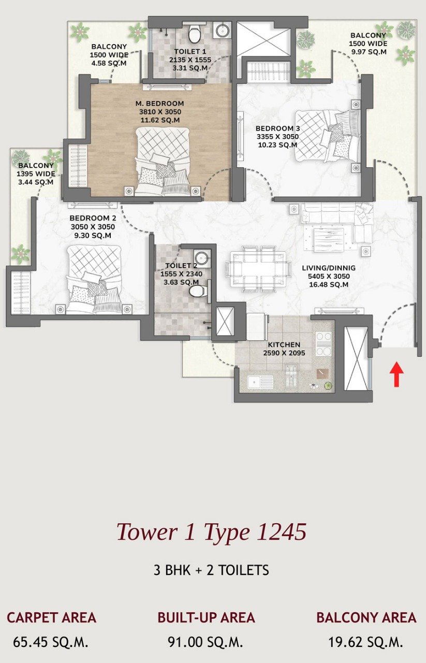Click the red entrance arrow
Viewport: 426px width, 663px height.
click(x=396, y=375)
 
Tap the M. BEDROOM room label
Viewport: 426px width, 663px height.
click(x=160, y=104)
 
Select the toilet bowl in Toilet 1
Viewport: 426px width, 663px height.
click(x=194, y=34)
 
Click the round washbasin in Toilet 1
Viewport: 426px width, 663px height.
click(x=222, y=30)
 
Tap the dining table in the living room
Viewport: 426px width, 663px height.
click(x=258, y=269)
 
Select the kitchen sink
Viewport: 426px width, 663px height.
click(x=260, y=382)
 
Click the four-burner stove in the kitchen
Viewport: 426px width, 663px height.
click(x=324, y=343)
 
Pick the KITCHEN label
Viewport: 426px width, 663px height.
click(x=284, y=344)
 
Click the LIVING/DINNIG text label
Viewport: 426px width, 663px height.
click(x=329, y=268)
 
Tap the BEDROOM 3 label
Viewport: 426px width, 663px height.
click(x=278, y=128)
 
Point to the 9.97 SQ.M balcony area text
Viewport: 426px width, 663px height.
click(x=369, y=52)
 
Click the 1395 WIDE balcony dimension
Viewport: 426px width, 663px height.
click(x=36, y=174)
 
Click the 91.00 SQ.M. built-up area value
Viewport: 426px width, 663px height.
click(x=205, y=642)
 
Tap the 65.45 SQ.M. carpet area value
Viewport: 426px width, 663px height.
click(x=51, y=642)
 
